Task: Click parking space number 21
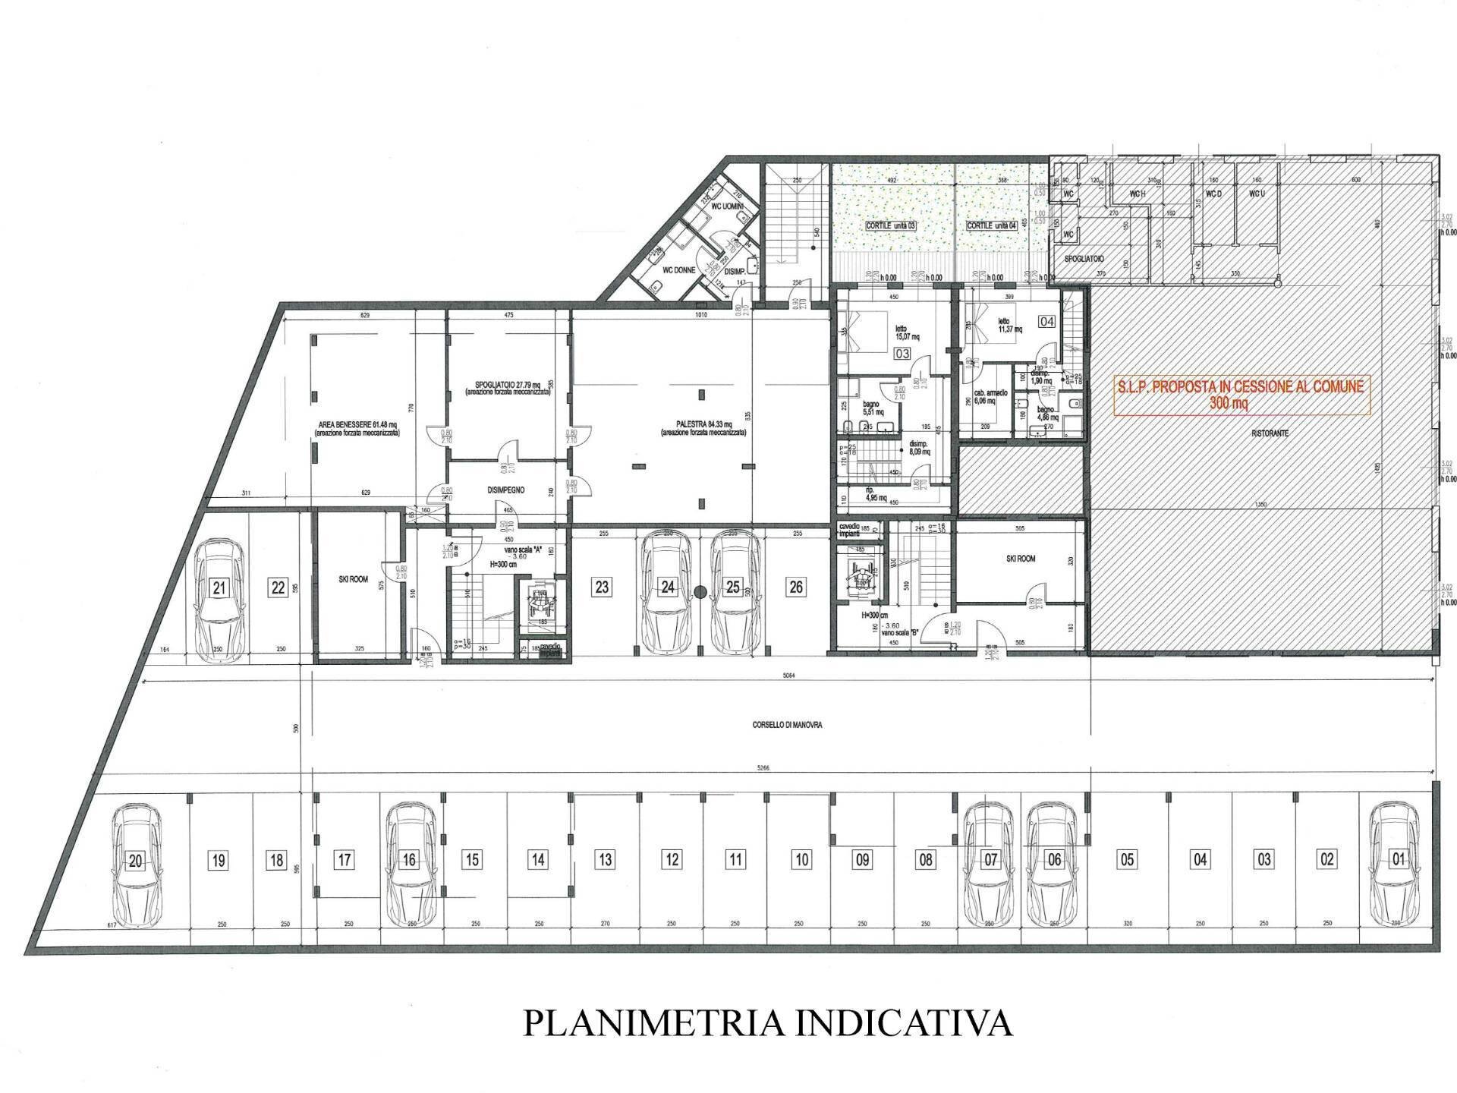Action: click(x=220, y=587)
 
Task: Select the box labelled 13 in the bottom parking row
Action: click(x=605, y=860)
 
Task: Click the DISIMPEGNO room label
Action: click(x=506, y=490)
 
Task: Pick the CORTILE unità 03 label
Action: click(x=892, y=227)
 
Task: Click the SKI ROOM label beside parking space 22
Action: click(x=353, y=579)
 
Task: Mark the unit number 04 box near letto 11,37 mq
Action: click(x=1046, y=321)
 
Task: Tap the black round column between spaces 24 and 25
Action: click(x=700, y=591)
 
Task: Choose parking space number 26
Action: click(x=796, y=587)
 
